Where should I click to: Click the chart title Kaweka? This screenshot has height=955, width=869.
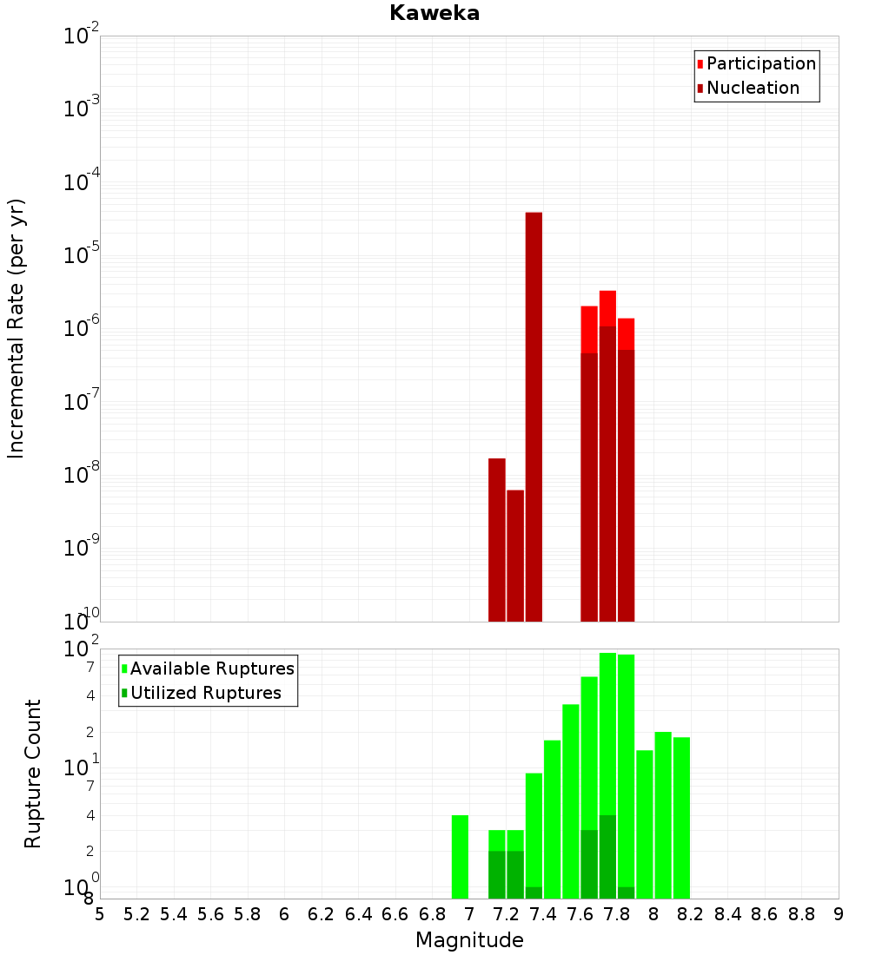pyautogui.click(x=434, y=13)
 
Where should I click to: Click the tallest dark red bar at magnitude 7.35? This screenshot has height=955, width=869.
pyautogui.click(x=534, y=417)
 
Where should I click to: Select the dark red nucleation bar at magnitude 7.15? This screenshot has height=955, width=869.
pyautogui.click(x=497, y=539)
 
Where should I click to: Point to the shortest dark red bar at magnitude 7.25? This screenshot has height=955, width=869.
pyautogui.click(x=515, y=556)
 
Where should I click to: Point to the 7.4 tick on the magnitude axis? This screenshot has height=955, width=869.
pyautogui.click(x=543, y=914)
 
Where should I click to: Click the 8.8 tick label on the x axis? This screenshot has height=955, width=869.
pyautogui.click(x=801, y=914)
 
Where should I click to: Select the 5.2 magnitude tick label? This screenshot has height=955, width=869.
pyautogui.click(x=136, y=914)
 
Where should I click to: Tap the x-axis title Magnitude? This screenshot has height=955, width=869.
pyautogui.click(x=469, y=940)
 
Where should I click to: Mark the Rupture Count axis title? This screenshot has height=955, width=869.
pyautogui.click(x=33, y=774)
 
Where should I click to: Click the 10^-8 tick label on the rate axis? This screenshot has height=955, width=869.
pyautogui.click(x=82, y=475)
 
